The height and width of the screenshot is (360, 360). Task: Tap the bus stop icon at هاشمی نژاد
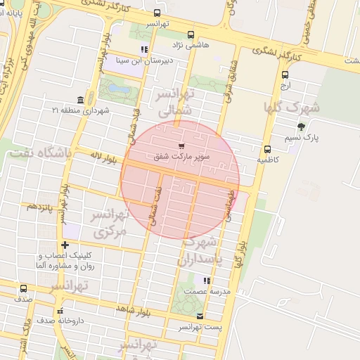(191, 34)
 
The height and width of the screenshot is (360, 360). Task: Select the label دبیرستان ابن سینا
(144, 60)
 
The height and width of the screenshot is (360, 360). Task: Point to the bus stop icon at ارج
(285, 75)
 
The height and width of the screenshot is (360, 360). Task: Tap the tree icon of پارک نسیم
(302, 127)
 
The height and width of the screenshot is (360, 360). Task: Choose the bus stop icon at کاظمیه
(267, 149)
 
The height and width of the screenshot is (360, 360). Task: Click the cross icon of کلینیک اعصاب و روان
(65, 245)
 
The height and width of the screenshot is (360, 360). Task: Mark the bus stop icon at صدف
(24, 288)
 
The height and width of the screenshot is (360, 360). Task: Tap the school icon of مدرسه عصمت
(206, 281)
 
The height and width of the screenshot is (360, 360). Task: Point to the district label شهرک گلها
(291, 108)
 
